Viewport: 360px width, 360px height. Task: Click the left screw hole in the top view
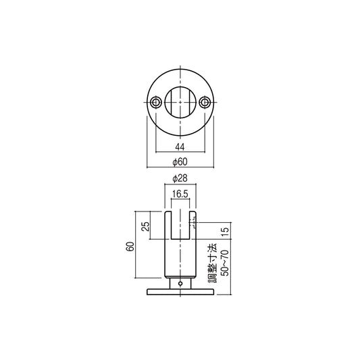click(x=156, y=102)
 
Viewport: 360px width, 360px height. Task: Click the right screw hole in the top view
click(x=205, y=102)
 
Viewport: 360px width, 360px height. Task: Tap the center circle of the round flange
click(x=180, y=102)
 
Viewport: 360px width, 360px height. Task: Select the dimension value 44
click(x=180, y=147)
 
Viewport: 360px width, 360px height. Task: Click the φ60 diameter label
click(x=180, y=161)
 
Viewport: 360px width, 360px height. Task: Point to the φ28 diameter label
click(x=180, y=178)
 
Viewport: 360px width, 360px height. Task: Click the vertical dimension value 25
click(x=145, y=226)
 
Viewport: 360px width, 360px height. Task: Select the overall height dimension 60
click(x=128, y=249)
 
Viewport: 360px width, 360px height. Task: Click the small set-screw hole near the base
click(x=180, y=284)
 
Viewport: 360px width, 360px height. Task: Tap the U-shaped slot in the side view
click(x=180, y=226)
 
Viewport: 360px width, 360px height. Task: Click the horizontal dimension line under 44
click(x=180, y=152)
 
